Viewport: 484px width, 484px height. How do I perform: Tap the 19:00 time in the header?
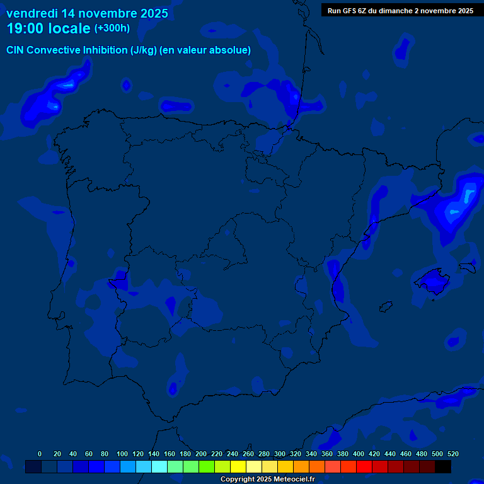point(25,28)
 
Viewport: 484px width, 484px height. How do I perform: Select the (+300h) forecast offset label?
point(112,28)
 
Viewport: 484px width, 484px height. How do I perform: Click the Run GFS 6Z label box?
point(400,11)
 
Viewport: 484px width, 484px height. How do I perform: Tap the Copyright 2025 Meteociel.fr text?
point(267,480)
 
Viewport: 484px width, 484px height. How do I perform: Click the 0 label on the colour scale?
point(40,454)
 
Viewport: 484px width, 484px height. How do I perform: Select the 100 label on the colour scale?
point(122,454)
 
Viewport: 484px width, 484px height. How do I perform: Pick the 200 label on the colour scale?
point(201,454)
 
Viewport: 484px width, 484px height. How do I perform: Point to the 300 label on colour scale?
point(280,454)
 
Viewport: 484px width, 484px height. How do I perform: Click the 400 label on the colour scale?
point(359,454)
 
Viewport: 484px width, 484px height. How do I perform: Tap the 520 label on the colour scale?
point(452,454)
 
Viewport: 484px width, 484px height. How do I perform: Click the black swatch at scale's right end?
point(443,467)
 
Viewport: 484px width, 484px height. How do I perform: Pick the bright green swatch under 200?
point(207,467)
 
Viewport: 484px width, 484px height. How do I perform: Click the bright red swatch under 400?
point(364,467)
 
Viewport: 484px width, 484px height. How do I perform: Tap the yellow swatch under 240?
point(238,467)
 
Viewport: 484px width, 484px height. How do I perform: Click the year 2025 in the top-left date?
point(154,13)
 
